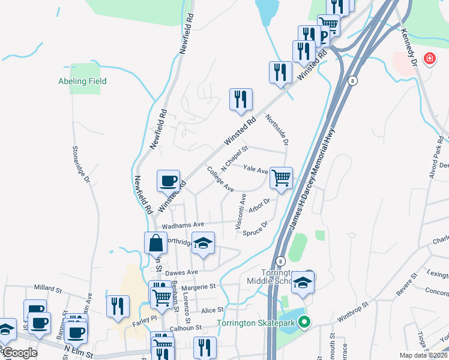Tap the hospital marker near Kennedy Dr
pos(429,59)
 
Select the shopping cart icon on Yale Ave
pos(281,177)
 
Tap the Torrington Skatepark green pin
pos(304,322)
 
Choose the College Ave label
pos(220,179)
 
